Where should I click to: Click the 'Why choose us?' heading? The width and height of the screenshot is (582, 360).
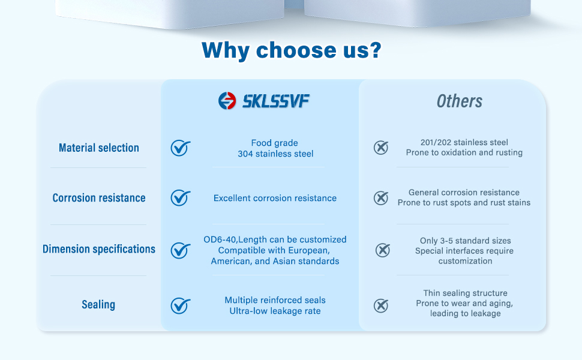[292, 50]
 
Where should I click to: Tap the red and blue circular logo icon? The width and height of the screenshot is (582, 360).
[227, 101]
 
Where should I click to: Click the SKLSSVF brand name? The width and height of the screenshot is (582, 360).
[276, 101]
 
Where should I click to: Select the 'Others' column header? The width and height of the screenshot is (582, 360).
[460, 101]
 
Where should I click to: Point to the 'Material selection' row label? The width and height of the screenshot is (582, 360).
[99, 148]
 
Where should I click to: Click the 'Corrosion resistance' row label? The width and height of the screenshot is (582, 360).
[99, 198]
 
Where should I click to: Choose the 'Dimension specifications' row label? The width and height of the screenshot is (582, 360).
[99, 249]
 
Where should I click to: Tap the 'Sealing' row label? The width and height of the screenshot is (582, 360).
[98, 305]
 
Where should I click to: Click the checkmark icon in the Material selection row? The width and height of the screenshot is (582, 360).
[181, 148]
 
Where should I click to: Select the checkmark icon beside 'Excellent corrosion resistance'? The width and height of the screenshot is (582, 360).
[181, 198]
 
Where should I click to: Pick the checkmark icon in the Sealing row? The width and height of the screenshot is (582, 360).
[181, 306]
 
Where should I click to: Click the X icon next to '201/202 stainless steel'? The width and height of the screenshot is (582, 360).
[381, 148]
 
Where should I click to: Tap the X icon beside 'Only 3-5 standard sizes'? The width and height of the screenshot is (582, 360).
[383, 250]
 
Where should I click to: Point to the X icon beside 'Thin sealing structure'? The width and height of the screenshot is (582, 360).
[381, 306]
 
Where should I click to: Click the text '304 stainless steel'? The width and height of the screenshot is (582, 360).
[275, 154]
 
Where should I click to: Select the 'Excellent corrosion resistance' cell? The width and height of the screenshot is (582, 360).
[275, 198]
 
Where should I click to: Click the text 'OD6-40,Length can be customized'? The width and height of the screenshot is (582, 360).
[275, 239]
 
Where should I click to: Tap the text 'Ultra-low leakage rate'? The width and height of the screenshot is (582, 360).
[275, 311]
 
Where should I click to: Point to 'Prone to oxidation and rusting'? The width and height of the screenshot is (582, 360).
[464, 152]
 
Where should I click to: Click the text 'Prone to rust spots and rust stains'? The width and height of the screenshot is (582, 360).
[464, 203]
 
